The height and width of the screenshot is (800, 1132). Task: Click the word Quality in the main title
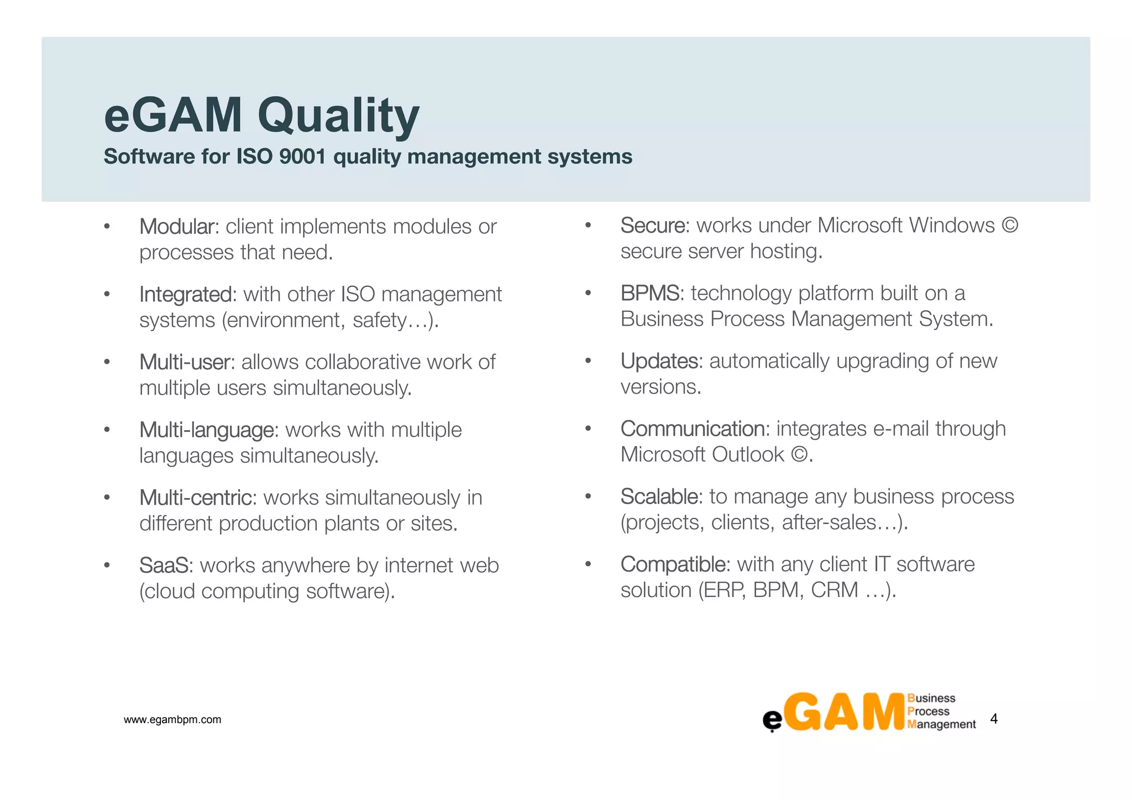tap(338, 116)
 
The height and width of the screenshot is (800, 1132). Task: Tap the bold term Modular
tap(179, 227)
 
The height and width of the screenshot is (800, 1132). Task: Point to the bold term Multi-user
tap(187, 362)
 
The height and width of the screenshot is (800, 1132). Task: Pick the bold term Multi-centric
tap(197, 498)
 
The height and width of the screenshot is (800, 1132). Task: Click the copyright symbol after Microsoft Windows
tap(1010, 226)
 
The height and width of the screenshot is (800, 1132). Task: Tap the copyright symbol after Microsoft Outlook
tap(799, 455)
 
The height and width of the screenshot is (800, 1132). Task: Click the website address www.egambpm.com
tap(172, 720)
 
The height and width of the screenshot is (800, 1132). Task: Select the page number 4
tap(994, 719)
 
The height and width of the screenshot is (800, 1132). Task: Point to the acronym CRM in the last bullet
tap(835, 590)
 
